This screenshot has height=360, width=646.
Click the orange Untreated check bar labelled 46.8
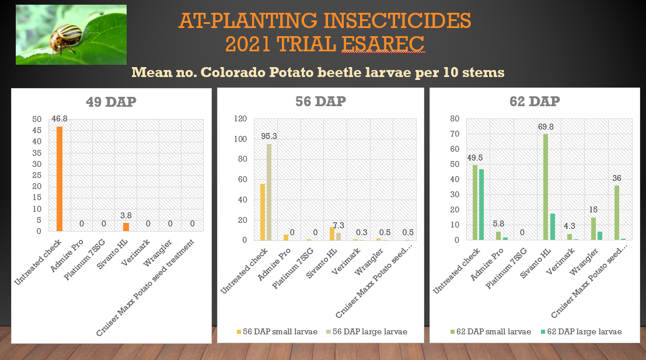[60, 179]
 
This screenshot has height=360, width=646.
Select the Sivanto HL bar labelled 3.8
[126, 227]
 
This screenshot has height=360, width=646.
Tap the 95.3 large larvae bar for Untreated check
[269, 192]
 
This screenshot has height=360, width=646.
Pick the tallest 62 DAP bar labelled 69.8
[546, 187]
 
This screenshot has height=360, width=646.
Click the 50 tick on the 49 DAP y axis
[37, 119]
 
